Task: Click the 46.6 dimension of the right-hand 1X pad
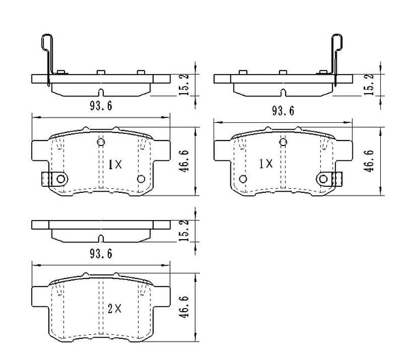pyautogui.click(x=370, y=164)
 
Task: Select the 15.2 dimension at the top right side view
pyautogui.click(x=370, y=82)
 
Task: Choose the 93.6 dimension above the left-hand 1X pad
pyautogui.click(x=100, y=105)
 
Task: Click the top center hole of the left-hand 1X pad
pyautogui.click(x=101, y=141)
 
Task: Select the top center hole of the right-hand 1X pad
pyautogui.click(x=282, y=141)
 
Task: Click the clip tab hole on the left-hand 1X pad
pyautogui.click(x=60, y=179)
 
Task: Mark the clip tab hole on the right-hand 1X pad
pyautogui.click(x=324, y=179)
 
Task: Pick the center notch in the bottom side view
pyautogui.click(x=101, y=238)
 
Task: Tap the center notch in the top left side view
pyautogui.click(x=101, y=92)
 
